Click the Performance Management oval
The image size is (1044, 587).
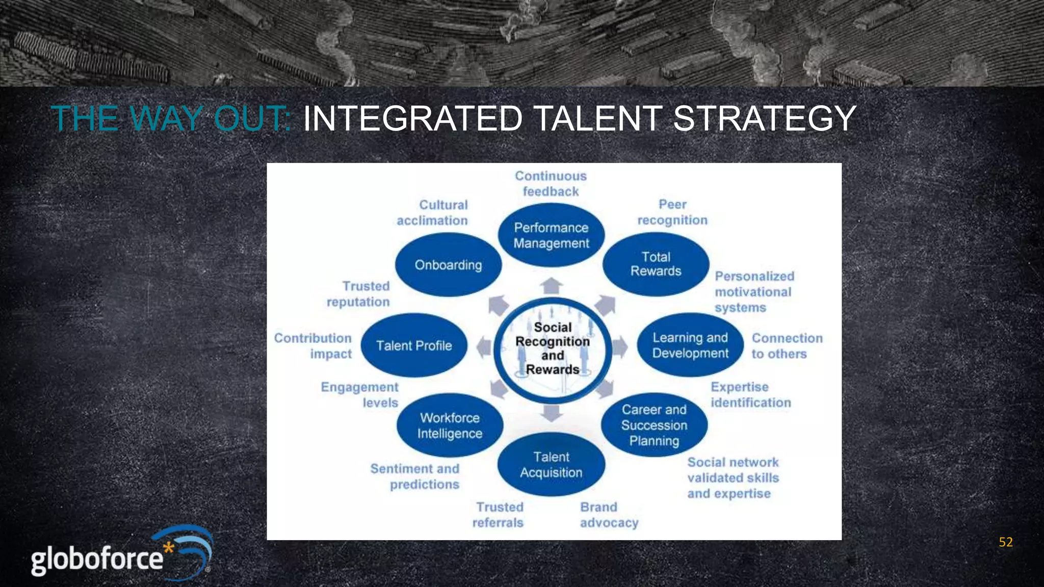tap(551, 235)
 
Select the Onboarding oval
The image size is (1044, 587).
tap(448, 265)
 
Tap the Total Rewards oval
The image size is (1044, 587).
tap(656, 264)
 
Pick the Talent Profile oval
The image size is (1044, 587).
tap(414, 345)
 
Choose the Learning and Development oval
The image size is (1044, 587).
tap(690, 345)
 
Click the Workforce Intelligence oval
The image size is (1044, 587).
tap(450, 425)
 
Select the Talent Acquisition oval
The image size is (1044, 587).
tap(551, 464)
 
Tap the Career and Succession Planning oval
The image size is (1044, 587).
tap(654, 425)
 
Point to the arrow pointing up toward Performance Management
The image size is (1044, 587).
tap(551, 286)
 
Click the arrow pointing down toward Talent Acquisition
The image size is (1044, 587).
tap(551, 412)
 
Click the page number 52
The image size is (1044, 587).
tap(1005, 542)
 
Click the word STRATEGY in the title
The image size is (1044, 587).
tap(765, 119)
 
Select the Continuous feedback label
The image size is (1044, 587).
tap(551, 183)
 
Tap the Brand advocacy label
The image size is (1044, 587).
tap(609, 515)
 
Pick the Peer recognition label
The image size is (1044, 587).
tap(672, 212)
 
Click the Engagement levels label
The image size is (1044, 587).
tap(360, 395)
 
